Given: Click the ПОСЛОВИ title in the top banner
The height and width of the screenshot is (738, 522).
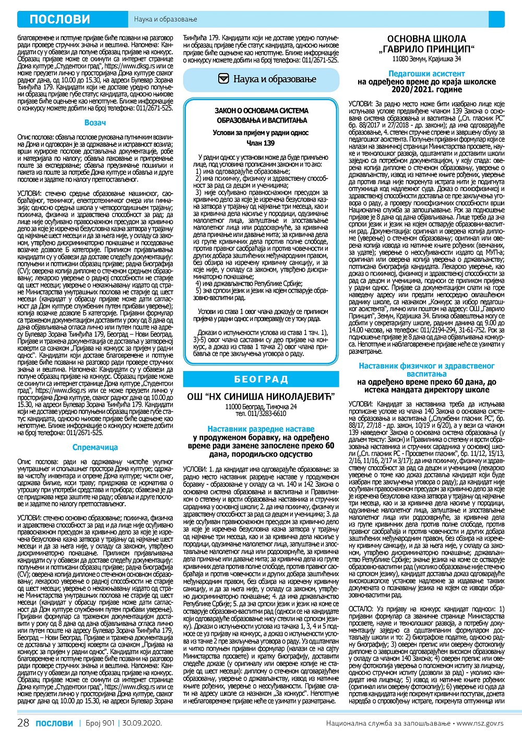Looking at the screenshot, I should [60, 19].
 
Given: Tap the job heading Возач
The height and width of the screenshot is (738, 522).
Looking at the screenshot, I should [95, 123].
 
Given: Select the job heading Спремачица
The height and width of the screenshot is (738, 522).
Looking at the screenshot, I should [95, 447].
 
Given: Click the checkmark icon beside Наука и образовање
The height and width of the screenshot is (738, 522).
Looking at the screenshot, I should [223, 79].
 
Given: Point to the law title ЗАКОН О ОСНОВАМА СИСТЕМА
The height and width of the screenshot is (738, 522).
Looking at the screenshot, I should [262, 111].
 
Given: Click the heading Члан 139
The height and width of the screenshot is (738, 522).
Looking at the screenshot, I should [260, 143].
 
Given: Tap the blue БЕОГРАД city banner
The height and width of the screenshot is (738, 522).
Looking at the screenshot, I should [261, 379].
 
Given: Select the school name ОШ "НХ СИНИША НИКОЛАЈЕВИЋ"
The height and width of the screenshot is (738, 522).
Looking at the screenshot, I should [261, 397].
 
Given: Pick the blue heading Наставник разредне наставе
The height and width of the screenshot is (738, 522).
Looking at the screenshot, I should [261, 429].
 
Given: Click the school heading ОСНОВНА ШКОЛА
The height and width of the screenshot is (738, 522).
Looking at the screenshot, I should [426, 39].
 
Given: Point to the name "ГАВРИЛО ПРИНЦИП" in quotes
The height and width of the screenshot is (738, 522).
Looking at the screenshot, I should [426, 49].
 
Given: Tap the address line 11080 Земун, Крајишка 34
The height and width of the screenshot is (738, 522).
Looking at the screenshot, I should [426, 59].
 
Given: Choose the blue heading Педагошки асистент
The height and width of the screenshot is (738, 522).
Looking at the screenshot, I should [426, 74].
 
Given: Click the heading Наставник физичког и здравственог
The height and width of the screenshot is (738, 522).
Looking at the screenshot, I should [426, 366].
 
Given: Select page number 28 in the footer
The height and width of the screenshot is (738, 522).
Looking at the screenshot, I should [23, 723].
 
